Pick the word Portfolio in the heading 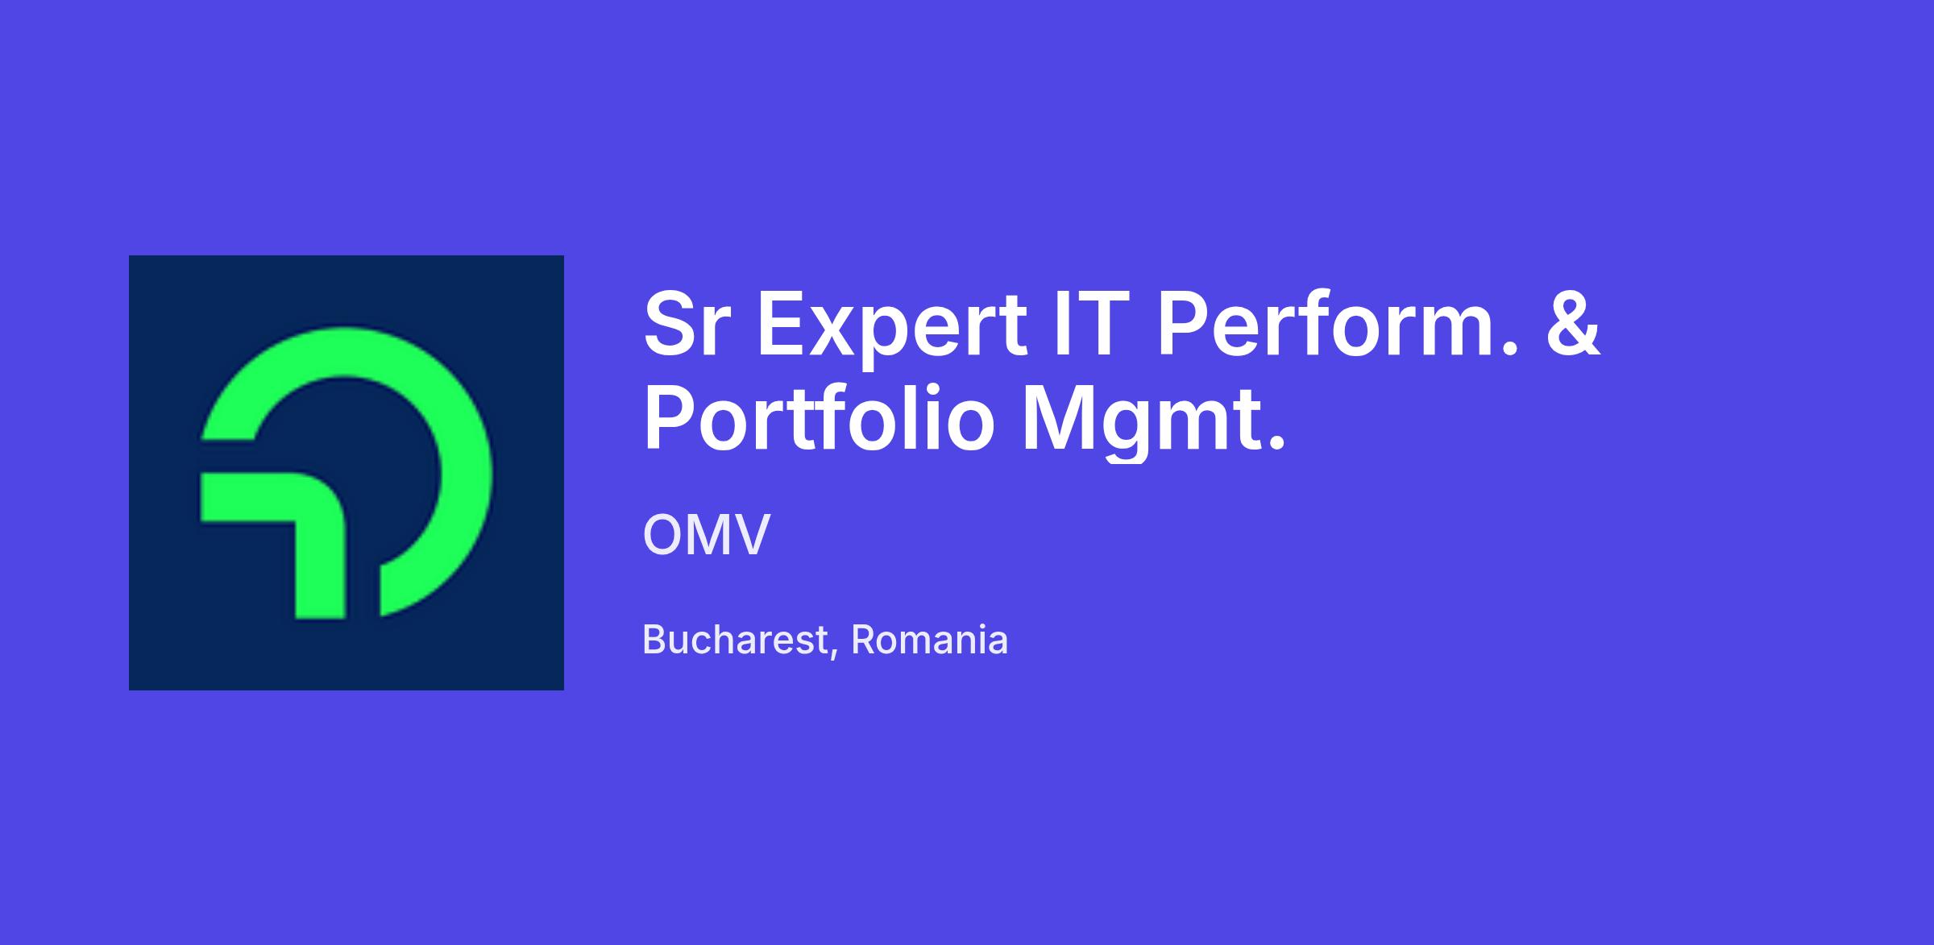pyautogui.click(x=819, y=419)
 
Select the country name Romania pyautogui.click(x=929, y=640)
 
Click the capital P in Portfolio pyautogui.click(x=669, y=419)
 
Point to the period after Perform pyautogui.click(x=1510, y=350)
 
